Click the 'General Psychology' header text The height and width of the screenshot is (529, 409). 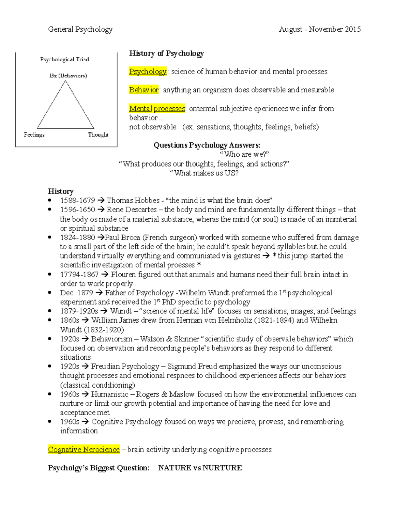(x=80, y=30)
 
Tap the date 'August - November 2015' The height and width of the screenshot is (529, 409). (x=319, y=30)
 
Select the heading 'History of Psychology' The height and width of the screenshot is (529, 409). (x=166, y=53)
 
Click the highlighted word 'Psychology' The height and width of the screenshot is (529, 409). (x=148, y=72)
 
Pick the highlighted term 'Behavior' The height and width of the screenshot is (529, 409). (x=144, y=90)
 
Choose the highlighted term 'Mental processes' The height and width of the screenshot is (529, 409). (x=157, y=108)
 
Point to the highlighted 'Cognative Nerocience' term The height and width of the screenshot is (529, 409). (x=84, y=450)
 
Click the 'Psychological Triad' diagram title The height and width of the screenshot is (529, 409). (x=64, y=60)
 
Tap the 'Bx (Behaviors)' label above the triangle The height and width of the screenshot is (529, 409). (x=68, y=76)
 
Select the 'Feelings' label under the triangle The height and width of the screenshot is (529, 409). (x=34, y=135)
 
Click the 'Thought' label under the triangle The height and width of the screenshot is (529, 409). (x=98, y=135)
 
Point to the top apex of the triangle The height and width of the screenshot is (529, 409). (x=65, y=81)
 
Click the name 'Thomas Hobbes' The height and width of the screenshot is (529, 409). (x=133, y=201)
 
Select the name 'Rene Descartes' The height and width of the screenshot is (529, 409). (x=132, y=210)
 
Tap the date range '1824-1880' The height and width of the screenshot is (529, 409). (x=77, y=237)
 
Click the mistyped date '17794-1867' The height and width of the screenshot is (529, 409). (x=79, y=275)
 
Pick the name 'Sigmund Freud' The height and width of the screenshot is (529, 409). (x=192, y=367)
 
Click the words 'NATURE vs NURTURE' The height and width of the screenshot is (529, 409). (x=200, y=468)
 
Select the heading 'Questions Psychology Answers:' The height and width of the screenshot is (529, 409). (x=207, y=145)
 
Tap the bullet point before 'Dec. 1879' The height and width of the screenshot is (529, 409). (x=50, y=293)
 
